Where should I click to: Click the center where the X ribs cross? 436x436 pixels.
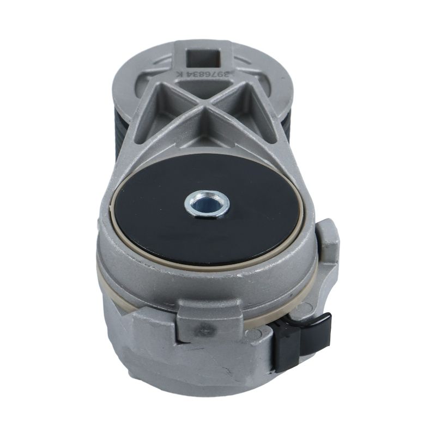point(205,106)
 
